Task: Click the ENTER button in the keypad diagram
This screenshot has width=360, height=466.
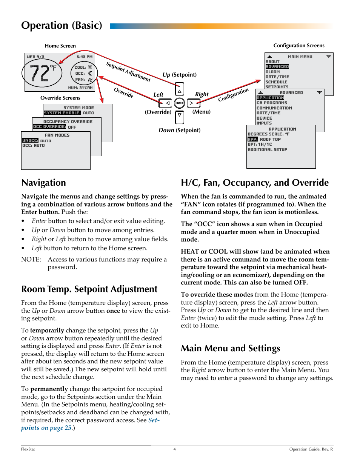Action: click(180, 103)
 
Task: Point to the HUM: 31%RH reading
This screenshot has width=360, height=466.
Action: click(80, 88)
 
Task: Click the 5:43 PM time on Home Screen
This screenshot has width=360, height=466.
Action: click(84, 57)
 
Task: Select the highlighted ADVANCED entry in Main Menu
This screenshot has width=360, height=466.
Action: click(277, 66)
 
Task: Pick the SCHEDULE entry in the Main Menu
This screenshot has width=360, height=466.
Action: click(276, 82)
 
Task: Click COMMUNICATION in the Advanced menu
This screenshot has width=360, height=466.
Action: click(274, 108)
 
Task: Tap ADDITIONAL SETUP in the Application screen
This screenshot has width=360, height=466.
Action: click(267, 149)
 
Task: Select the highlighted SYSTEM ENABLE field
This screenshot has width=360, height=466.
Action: click(62, 113)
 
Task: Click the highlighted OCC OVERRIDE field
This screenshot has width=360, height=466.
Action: click(49, 127)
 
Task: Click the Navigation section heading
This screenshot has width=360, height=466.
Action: click(43, 183)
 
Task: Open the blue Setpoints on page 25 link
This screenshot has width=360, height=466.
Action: click(90, 424)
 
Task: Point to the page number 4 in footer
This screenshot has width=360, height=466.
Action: click(174, 449)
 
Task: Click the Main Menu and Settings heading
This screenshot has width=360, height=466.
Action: click(230, 348)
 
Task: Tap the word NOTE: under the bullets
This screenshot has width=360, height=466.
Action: click(31, 259)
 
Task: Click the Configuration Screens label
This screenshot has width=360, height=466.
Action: click(298, 45)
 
